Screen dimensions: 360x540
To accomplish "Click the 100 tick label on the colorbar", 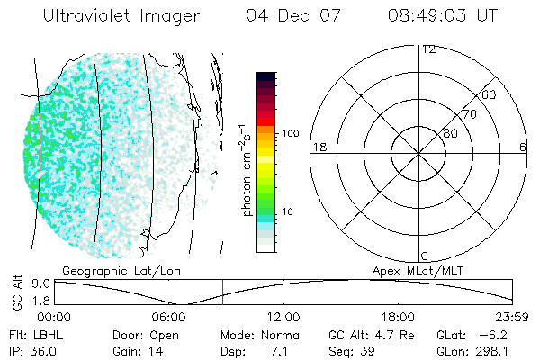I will point(290,133).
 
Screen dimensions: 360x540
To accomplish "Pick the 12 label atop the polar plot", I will point(429,49).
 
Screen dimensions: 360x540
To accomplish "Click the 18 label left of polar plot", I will point(318,147).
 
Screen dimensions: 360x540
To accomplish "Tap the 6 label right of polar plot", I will point(523,147).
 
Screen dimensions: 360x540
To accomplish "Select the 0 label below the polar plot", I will point(424,256).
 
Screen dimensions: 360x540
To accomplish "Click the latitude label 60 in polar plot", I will point(489,94).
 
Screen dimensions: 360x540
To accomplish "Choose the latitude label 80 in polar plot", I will point(450,133).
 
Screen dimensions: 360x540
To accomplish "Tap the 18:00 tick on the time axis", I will point(398,317).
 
